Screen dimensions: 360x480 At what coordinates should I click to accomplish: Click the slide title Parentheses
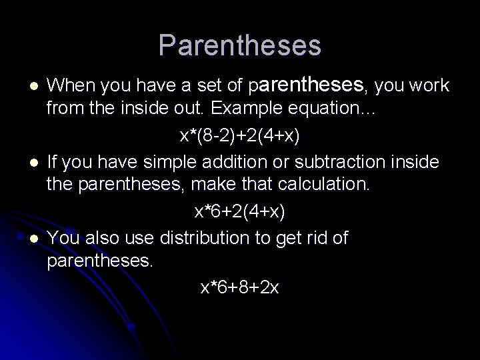point(240,45)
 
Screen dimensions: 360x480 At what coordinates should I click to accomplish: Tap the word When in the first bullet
point(72,86)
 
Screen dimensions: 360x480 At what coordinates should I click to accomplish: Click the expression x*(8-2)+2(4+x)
point(240,136)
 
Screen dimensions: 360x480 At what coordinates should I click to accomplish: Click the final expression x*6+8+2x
point(240,287)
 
